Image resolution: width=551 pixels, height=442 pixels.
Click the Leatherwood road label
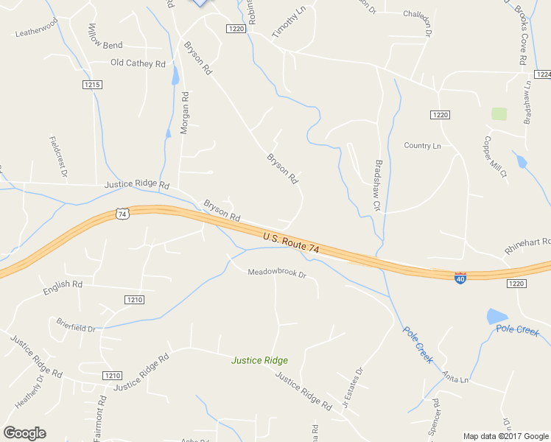[36, 31]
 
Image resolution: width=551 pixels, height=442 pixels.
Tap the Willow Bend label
[105, 46]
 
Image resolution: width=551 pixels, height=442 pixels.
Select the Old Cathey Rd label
[138, 63]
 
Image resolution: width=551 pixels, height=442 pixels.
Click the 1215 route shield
[92, 85]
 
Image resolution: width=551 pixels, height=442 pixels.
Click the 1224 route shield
[543, 74]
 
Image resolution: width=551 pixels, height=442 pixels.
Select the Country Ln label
[422, 146]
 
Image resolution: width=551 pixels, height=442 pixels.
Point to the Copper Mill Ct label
[494, 157]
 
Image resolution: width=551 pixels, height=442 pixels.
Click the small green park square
[499, 113]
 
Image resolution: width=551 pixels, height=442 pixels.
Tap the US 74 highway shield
[122, 214]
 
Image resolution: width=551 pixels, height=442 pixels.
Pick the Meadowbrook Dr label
[276, 273]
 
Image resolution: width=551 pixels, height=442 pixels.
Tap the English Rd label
[63, 284]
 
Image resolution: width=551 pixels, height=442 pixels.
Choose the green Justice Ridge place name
[259, 360]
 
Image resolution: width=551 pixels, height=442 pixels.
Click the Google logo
[25, 432]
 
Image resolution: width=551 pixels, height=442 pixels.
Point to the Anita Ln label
[455, 378]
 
